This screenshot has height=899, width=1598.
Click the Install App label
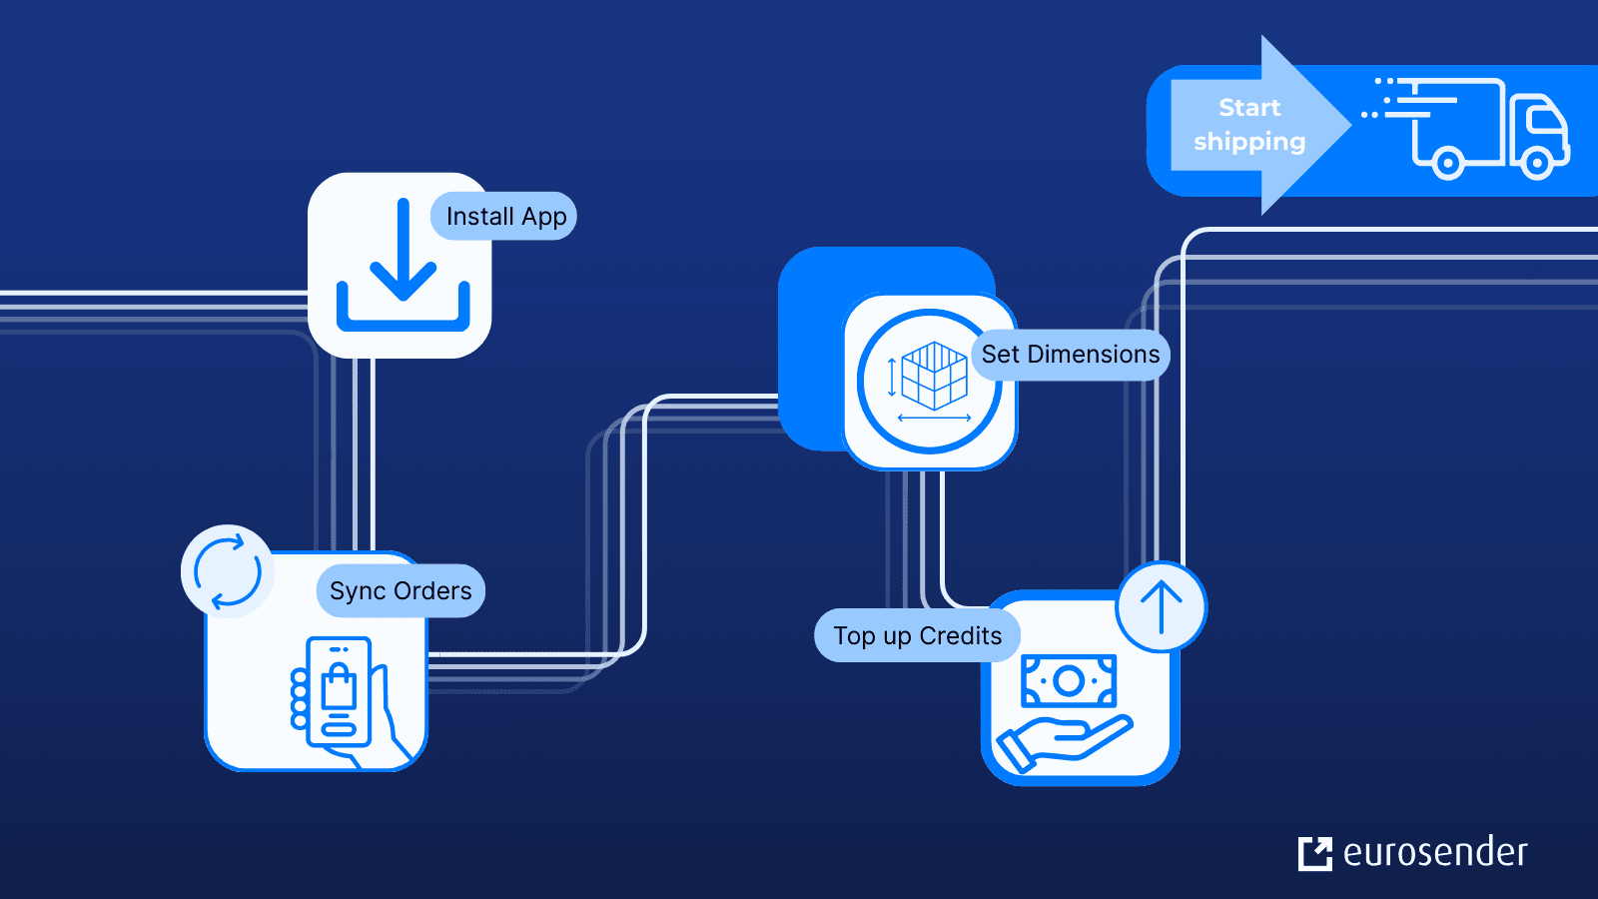click(x=505, y=217)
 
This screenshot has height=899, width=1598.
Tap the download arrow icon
click(x=402, y=266)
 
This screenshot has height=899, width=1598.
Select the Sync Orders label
click(x=400, y=591)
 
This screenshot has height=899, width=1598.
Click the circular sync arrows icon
click(x=228, y=571)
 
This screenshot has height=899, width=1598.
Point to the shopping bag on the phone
click(x=339, y=687)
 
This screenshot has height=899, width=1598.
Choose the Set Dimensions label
click(x=1070, y=355)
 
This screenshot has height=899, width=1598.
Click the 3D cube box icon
click(x=934, y=376)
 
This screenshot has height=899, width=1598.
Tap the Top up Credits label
click(x=917, y=636)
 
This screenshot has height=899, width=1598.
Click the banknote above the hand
click(x=1068, y=681)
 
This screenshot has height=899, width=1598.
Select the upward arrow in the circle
click(x=1161, y=606)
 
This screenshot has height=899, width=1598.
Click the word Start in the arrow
click(x=1248, y=108)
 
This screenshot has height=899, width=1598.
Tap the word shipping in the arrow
click(x=1248, y=142)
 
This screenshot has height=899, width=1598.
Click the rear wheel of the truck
click(x=1446, y=162)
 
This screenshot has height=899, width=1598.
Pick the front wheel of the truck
click(x=1537, y=162)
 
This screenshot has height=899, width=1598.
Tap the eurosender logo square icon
click(x=1314, y=854)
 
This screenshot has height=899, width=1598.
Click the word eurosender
click(x=1435, y=853)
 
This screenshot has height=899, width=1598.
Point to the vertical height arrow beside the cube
click(x=892, y=378)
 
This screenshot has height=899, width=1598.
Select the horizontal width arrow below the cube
click(x=934, y=418)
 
